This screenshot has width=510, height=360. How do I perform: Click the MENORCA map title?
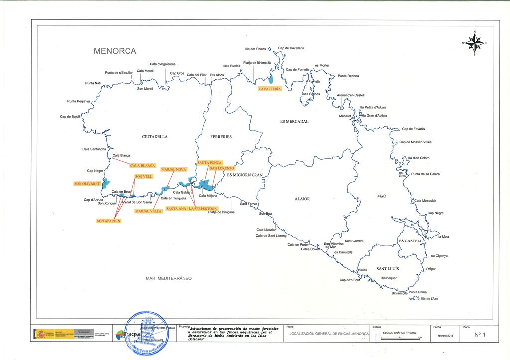[115, 51]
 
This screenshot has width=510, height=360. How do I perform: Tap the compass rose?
[475, 43]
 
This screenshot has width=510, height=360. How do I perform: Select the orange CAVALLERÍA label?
[270, 89]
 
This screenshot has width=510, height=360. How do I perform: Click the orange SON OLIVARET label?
[87, 184]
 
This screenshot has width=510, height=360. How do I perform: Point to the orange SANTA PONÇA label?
[209, 163]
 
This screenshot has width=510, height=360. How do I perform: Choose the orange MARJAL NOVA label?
[174, 169]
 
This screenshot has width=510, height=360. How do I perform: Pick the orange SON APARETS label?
[109, 220]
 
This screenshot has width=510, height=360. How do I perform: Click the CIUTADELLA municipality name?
[155, 137]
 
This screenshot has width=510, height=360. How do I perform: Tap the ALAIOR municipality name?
[302, 199]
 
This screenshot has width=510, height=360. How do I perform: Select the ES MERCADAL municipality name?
[294, 121]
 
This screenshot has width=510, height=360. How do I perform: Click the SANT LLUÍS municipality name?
[387, 269]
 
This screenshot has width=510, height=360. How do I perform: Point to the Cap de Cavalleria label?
[291, 48]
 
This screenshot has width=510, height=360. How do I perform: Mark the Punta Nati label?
[93, 83]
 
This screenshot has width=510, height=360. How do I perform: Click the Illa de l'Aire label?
[429, 298]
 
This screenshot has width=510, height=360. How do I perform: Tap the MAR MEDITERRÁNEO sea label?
[169, 278]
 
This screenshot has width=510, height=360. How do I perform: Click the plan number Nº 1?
[480, 335]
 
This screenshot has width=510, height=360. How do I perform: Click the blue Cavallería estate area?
[271, 79]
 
